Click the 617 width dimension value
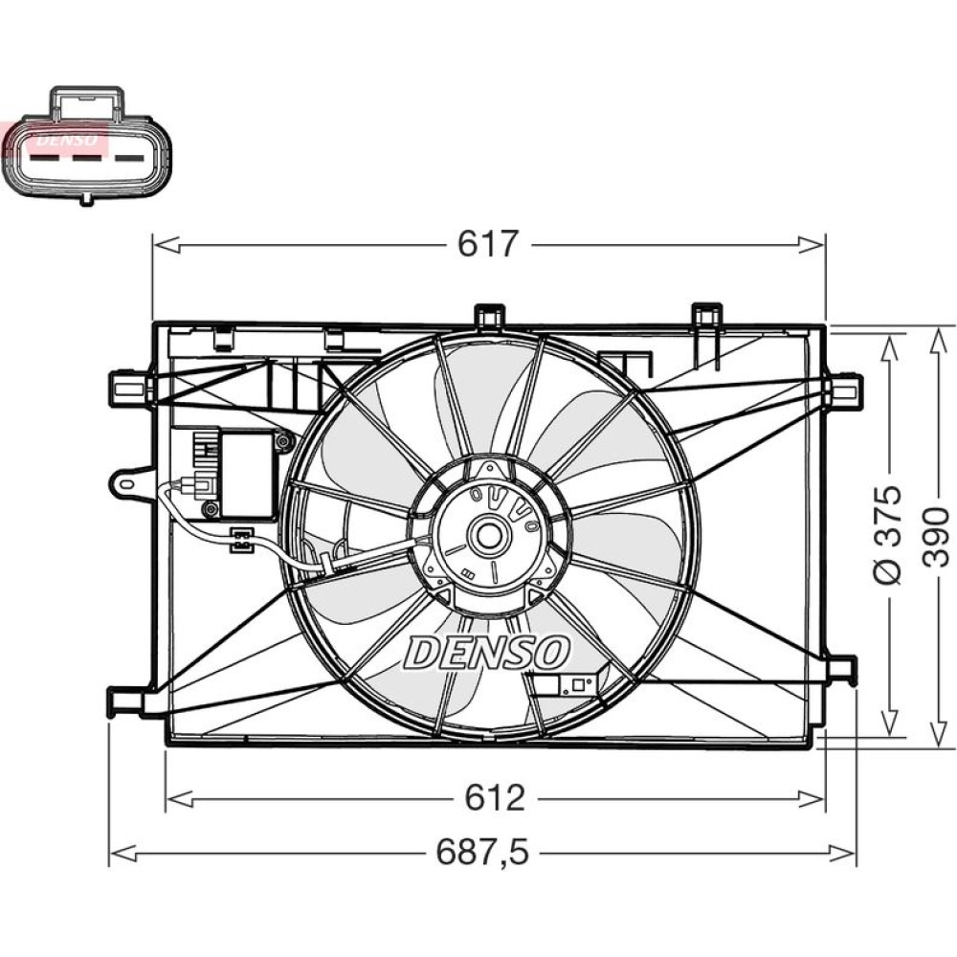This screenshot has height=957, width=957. pos(487,245)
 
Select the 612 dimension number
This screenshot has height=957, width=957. pos(494,797)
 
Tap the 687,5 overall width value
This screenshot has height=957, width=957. pos(482,850)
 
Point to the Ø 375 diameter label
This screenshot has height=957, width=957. pos(889,534)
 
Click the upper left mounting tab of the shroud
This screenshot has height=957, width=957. pos(128,388)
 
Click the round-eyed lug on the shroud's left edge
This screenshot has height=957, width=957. pos(124,482)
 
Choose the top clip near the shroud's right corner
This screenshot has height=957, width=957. pos(707,316)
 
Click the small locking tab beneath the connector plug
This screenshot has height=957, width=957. pos(86,199)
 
